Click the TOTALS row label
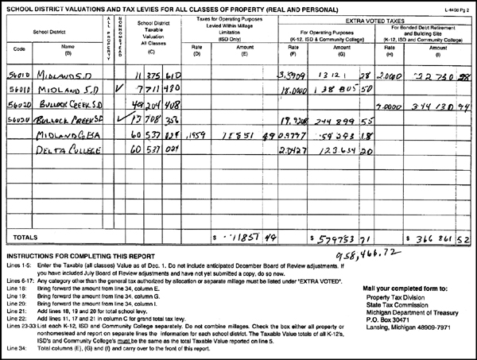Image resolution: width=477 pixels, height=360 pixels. pyautogui.click(x=22, y=236)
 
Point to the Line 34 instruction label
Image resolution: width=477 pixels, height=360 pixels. pyautogui.click(x=16, y=348)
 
